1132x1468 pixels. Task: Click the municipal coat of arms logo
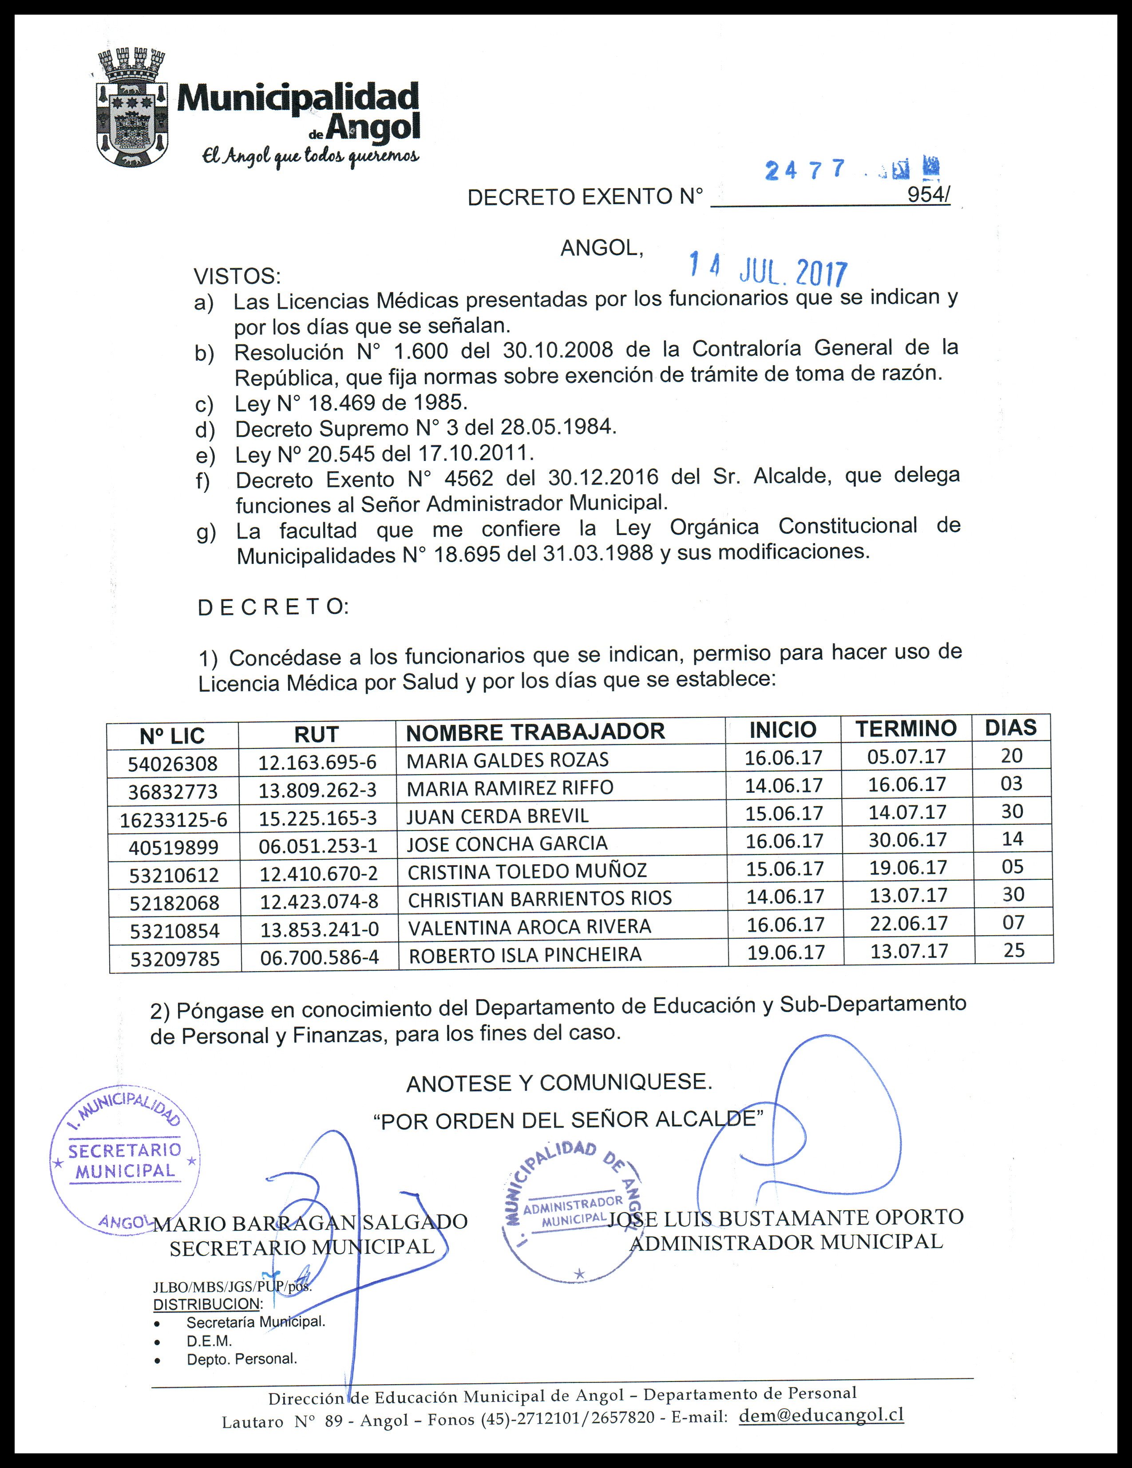(132, 108)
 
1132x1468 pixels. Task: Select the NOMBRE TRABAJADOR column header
(535, 731)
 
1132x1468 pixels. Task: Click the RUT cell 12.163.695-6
(317, 762)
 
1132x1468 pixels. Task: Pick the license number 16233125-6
(174, 819)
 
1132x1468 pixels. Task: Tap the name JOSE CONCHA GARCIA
(507, 843)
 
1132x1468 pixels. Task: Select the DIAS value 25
(1013, 950)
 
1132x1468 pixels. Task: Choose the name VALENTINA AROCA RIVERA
(529, 927)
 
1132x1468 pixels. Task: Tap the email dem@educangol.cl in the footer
(820, 1414)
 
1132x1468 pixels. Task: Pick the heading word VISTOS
(237, 276)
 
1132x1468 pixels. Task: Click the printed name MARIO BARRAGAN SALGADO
(310, 1222)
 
